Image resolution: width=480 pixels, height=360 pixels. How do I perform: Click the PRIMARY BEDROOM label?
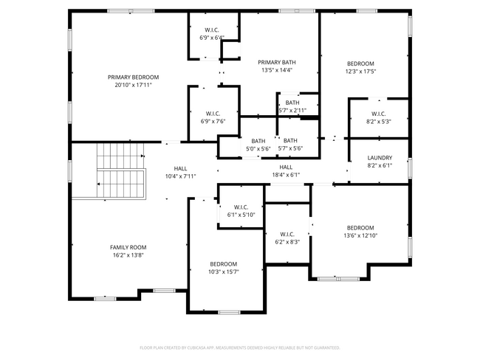133,77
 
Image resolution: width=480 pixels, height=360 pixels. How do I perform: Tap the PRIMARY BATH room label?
277,63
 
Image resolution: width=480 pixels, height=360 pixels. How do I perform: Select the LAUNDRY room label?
380,157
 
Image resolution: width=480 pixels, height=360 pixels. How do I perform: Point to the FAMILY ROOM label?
128,247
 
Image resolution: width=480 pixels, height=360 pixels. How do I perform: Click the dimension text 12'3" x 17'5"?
361,72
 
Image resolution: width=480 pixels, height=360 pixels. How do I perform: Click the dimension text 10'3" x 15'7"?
223,271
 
